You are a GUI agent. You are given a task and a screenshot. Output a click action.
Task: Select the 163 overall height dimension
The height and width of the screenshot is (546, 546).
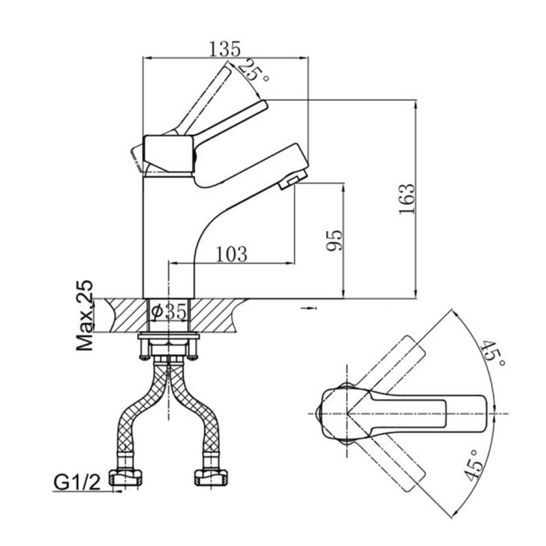point(406,200)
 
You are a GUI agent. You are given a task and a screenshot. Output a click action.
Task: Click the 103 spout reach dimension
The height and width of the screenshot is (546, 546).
point(231,253)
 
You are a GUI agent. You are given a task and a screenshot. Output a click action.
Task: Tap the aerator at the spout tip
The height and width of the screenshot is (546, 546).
point(287,183)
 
